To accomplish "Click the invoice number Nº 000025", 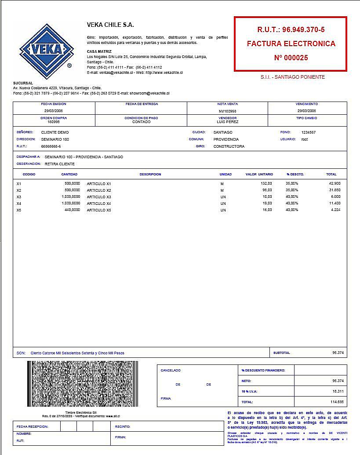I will [x=291, y=58].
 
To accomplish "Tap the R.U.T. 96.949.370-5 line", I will [x=291, y=30].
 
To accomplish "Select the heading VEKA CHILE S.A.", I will [x=110, y=25].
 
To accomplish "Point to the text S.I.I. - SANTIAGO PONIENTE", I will [x=292, y=77].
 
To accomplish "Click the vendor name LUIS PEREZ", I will [x=227, y=122].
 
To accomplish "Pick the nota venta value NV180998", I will [x=227, y=111].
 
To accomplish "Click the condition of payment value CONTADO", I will [x=142, y=122].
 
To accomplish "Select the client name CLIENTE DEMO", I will [x=55, y=132].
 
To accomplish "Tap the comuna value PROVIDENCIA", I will [x=226, y=139].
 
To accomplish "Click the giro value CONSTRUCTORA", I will [x=229, y=146].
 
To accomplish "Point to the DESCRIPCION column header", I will [x=150, y=175].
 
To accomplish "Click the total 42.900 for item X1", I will [x=335, y=183].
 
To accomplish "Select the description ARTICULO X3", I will [x=99, y=197].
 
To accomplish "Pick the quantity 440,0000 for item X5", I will [x=72, y=210].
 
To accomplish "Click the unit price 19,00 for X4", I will [x=267, y=204].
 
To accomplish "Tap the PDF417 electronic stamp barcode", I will [x=83, y=384].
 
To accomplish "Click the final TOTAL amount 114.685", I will [x=337, y=402].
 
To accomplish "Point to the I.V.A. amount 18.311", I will [x=338, y=391].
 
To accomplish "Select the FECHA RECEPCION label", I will [x=32, y=426].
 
